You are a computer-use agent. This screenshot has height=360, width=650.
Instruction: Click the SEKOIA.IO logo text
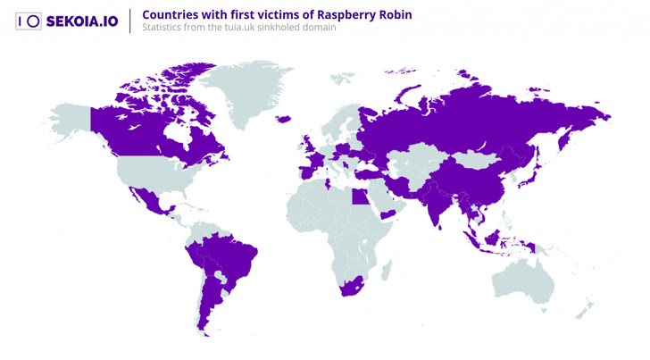[x=81, y=21]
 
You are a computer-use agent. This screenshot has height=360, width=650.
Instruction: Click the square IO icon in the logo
[x=29, y=21]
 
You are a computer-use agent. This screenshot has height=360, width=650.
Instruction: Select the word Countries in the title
[x=170, y=14]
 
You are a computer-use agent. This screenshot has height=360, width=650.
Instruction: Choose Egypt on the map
[x=358, y=195]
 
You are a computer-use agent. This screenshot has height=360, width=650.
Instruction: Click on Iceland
[x=284, y=119]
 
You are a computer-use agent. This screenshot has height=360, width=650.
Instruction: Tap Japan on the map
[x=533, y=171]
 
